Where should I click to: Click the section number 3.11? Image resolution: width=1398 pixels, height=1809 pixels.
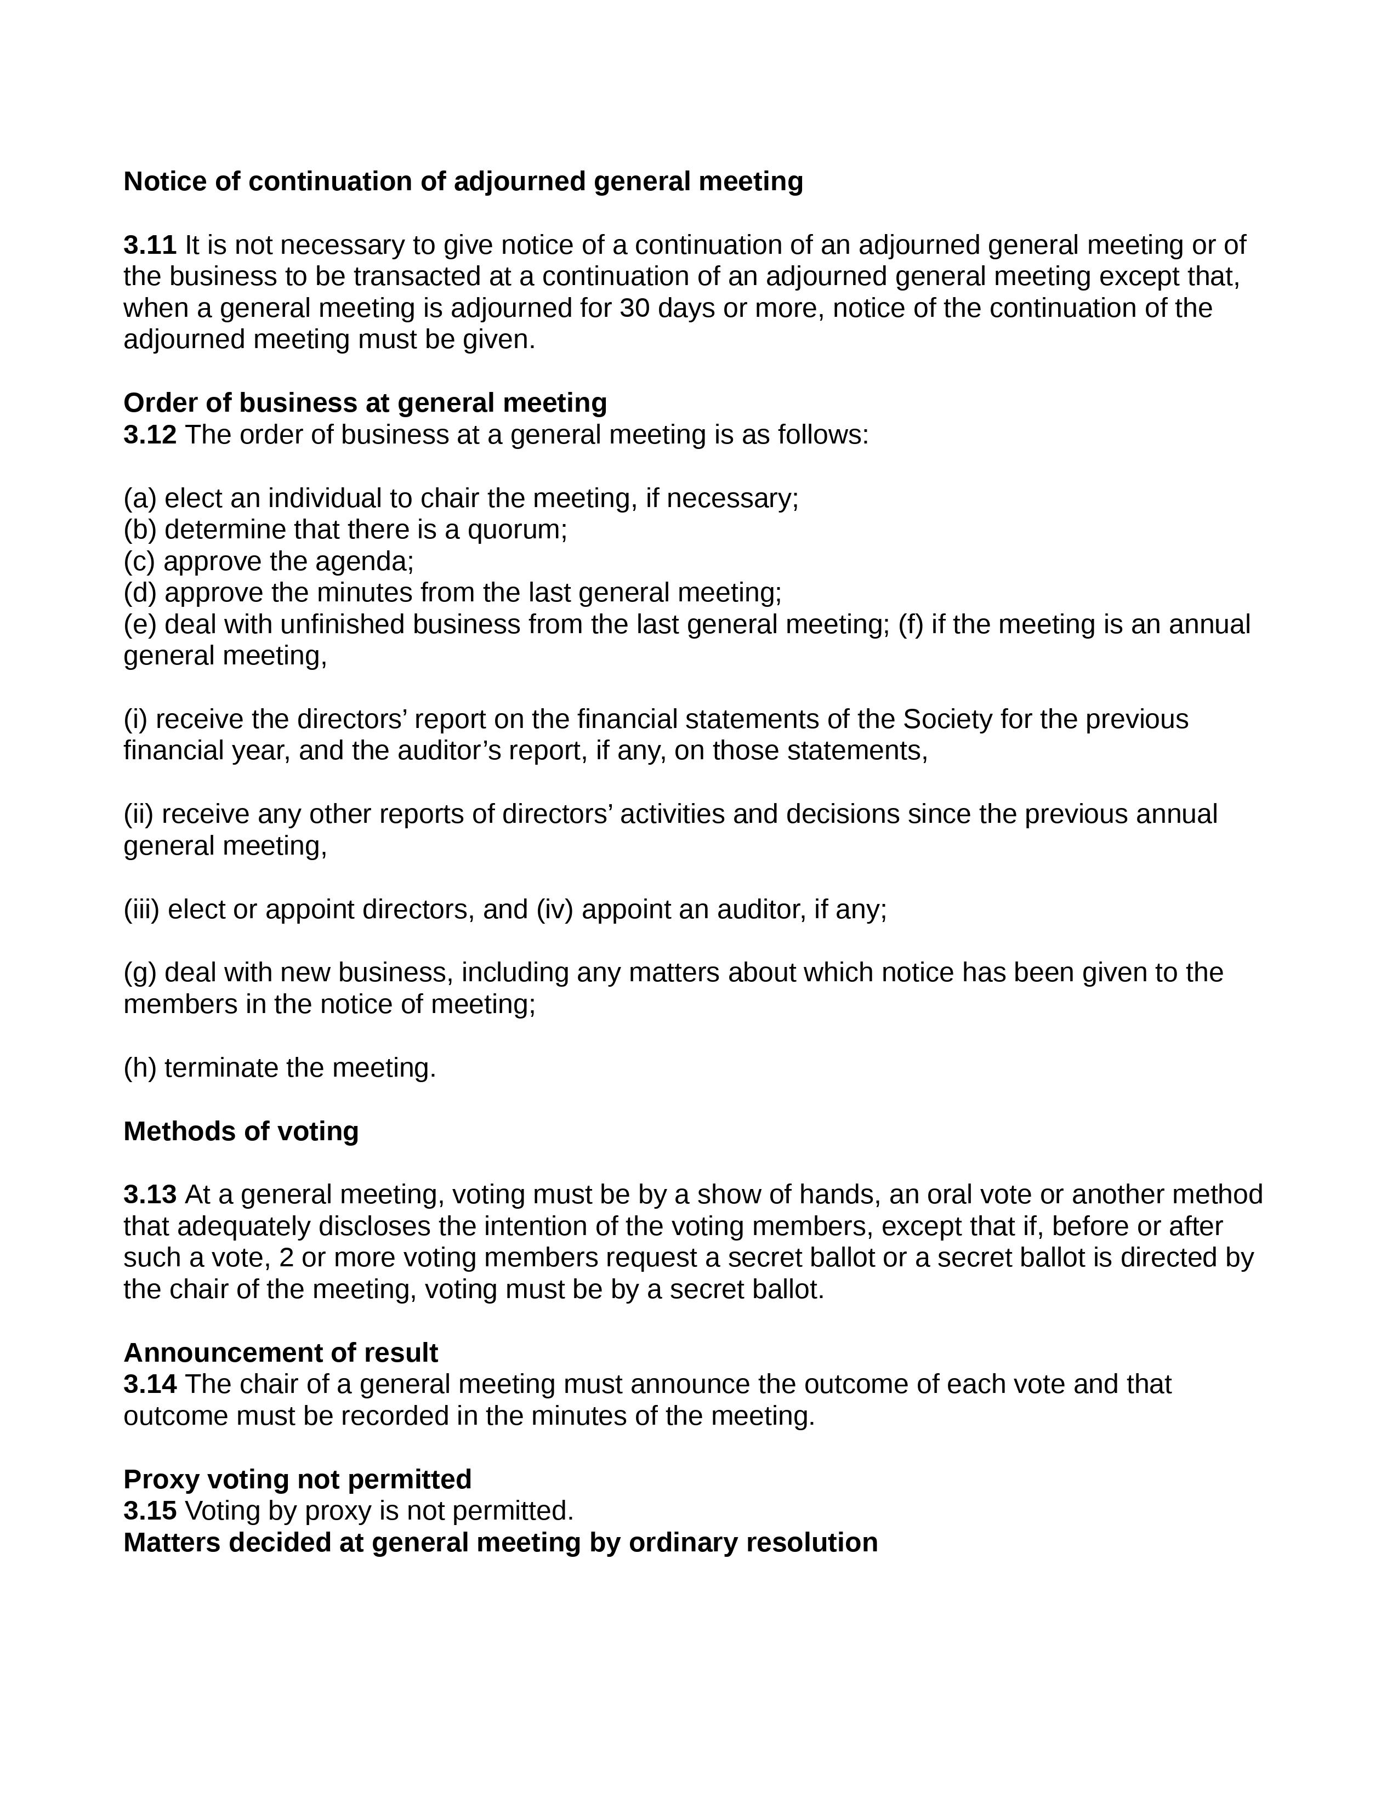pyautogui.click(x=150, y=245)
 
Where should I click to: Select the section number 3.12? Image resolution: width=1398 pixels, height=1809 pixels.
pyautogui.click(x=150, y=435)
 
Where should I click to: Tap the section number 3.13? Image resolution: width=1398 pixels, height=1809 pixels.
pyautogui.click(x=150, y=1194)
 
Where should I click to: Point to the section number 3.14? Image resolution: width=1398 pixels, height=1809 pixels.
pyautogui.click(x=150, y=1384)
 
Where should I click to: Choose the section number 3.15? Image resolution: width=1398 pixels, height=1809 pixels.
pyautogui.click(x=150, y=1511)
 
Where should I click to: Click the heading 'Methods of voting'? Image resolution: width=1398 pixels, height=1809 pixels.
pyautogui.click(x=241, y=1131)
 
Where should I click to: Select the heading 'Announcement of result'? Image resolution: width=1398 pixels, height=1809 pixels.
pyautogui.click(x=281, y=1352)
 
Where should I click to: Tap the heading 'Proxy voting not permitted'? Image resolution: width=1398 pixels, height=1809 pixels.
pyautogui.click(x=297, y=1480)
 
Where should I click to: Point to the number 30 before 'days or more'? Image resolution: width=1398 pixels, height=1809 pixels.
pyautogui.click(x=634, y=308)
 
